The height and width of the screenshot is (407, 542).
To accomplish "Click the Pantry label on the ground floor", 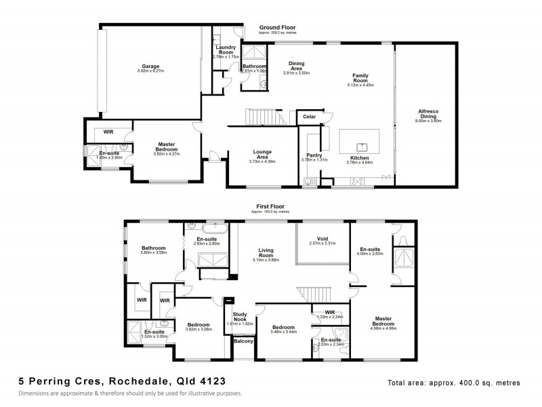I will (x=314, y=155).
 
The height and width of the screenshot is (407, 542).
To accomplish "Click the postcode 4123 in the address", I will (x=206, y=382).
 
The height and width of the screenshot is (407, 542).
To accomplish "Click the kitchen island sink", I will (x=362, y=145).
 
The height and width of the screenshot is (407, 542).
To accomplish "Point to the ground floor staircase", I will (x=262, y=117).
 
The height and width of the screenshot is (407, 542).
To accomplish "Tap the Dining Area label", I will (x=296, y=66).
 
